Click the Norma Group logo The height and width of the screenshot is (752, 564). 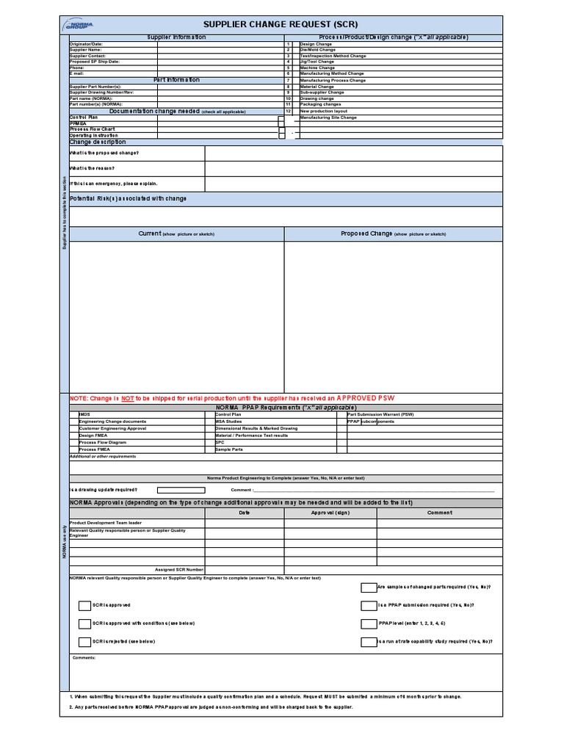[79, 25]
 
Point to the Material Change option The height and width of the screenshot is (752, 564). [317, 87]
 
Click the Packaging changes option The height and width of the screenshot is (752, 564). [320, 104]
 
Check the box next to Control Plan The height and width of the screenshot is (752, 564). [281, 118]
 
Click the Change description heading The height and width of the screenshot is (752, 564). [98, 142]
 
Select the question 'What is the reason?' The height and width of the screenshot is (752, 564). [92, 168]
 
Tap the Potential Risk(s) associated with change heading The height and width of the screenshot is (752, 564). [128, 198]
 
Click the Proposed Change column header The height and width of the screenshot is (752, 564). [393, 234]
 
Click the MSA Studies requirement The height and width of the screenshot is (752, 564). [228, 422]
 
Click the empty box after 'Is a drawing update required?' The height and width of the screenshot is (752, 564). [181, 489]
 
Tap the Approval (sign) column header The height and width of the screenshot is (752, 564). [330, 513]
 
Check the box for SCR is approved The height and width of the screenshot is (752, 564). [85, 605]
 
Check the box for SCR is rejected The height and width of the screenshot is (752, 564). [85, 641]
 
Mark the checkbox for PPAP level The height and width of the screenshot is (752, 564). [368, 623]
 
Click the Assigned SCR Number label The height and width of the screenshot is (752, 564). [179, 569]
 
